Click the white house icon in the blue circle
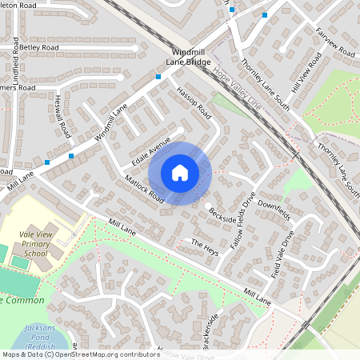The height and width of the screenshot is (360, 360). tap(180, 173)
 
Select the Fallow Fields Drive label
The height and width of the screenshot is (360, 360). tap(244, 219)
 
